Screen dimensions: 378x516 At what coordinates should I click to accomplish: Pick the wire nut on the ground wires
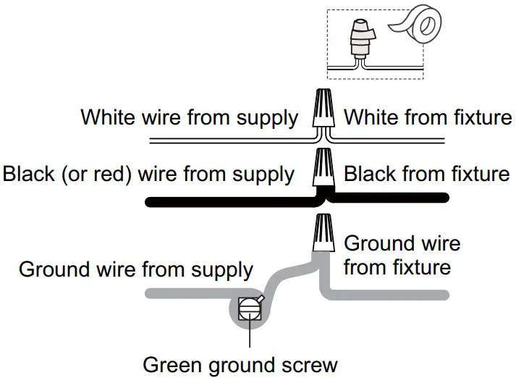(x=323, y=233)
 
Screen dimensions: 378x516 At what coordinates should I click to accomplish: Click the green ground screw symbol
(x=248, y=308)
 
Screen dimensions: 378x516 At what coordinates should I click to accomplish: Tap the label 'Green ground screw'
(x=240, y=364)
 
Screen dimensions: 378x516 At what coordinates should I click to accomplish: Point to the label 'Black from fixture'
(x=426, y=174)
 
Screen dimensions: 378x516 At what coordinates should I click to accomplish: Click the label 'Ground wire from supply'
(x=136, y=269)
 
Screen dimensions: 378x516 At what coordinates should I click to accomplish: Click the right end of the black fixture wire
(x=444, y=197)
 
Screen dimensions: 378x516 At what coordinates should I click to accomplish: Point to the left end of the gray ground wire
(x=150, y=294)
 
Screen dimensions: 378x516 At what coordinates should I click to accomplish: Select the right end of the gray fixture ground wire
(x=444, y=295)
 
